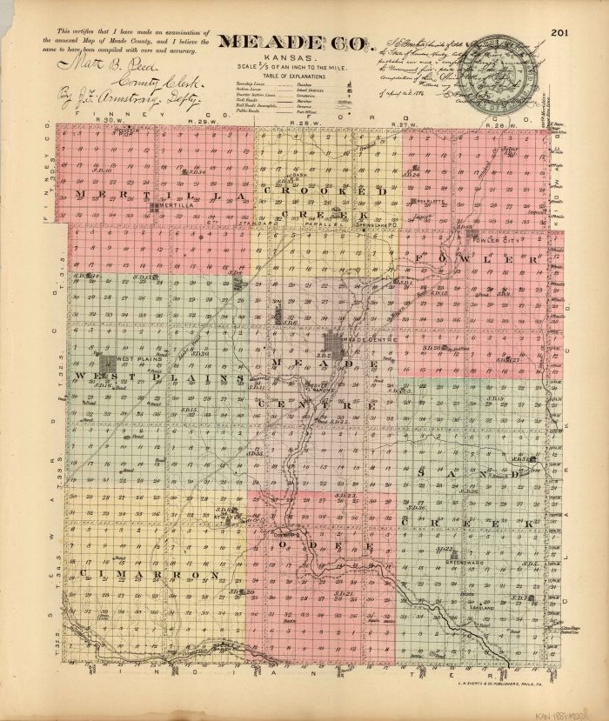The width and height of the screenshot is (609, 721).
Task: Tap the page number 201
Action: click(x=560, y=34)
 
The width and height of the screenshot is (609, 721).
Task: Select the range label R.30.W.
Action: click(x=106, y=121)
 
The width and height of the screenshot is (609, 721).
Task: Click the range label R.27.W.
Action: click(x=403, y=125)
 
